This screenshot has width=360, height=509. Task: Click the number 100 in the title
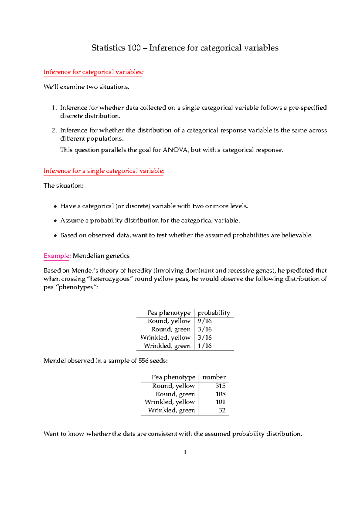coord(134,48)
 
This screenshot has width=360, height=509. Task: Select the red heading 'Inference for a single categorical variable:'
coord(104,171)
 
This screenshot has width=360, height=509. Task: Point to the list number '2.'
coord(54,130)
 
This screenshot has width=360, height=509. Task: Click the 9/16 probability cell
coord(205,321)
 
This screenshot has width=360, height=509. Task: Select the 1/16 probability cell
coord(205,346)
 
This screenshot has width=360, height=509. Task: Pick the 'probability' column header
coord(214,313)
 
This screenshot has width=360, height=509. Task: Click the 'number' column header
coord(214,377)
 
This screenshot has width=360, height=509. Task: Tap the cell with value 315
coord(220,386)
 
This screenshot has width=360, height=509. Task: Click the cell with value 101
coord(220,402)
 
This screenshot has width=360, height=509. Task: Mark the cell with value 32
coord(222,410)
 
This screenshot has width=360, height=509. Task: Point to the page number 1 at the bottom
coord(185,452)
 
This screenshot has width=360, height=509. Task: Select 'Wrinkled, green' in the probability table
coord(167,346)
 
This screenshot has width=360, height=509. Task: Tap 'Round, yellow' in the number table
coord(173,386)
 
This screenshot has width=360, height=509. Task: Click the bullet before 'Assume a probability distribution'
coord(55,221)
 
